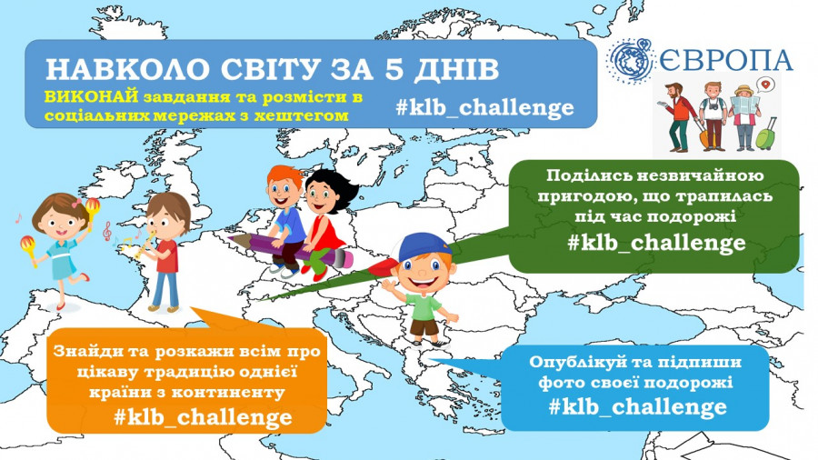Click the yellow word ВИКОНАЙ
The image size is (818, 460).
91,97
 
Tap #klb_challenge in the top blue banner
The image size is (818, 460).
484,107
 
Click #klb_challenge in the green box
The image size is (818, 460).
656,243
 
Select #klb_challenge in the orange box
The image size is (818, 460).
203,416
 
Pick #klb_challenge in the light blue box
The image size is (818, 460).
637,405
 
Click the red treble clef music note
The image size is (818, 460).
107,231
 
